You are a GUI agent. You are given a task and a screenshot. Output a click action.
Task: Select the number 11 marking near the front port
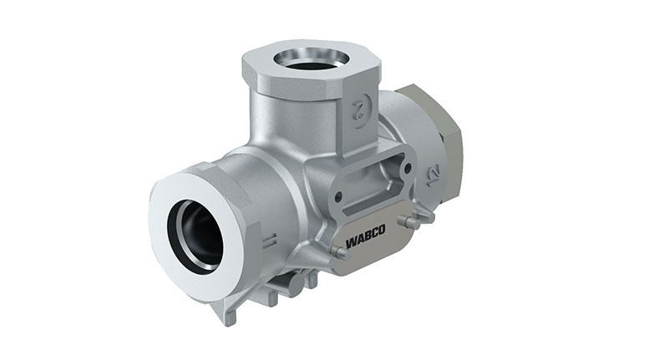268,242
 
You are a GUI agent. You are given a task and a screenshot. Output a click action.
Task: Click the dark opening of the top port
311,60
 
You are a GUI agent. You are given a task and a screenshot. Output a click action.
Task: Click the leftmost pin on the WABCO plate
337,251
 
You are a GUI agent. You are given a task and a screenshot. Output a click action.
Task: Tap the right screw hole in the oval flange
407,167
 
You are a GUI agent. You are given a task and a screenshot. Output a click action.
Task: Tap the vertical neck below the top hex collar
301,125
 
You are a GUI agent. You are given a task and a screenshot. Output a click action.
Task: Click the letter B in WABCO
367,247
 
